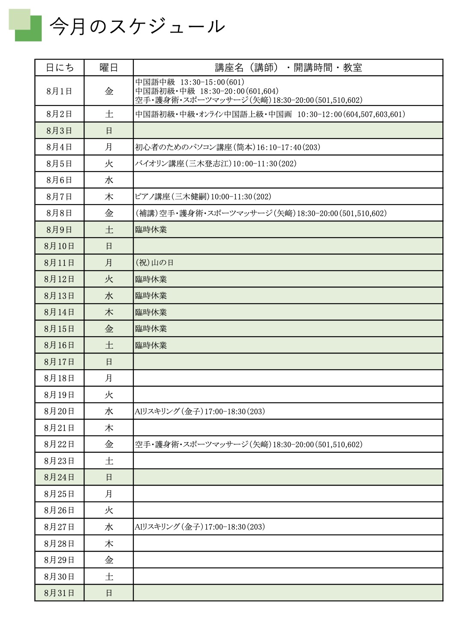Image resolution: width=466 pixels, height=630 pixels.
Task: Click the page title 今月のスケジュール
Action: (x=137, y=27)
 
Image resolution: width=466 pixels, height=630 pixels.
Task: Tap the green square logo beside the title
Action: (x=25, y=25)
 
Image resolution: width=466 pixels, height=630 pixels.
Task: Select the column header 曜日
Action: (x=108, y=68)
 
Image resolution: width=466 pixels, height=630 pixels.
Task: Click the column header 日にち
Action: (x=60, y=68)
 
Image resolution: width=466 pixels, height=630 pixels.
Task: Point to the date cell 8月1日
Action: (x=59, y=91)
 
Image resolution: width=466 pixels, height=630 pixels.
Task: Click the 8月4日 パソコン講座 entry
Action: (x=228, y=147)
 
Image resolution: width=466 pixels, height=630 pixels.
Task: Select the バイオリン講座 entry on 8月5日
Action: (x=216, y=163)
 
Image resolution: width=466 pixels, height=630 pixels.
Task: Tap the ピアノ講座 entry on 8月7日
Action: (x=203, y=196)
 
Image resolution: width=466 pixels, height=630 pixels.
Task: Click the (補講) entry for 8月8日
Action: (x=261, y=213)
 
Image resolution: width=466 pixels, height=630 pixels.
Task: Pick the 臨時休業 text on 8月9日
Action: (x=151, y=229)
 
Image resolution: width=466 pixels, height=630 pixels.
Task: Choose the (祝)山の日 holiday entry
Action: (x=154, y=262)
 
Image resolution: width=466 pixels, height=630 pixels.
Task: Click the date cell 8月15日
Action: (x=59, y=329)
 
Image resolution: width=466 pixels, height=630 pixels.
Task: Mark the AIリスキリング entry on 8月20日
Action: (x=200, y=411)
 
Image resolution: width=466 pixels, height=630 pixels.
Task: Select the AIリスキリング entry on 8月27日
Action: (x=200, y=527)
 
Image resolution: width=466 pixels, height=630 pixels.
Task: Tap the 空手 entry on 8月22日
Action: (x=249, y=444)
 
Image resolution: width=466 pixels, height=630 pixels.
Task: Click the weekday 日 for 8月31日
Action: (x=109, y=593)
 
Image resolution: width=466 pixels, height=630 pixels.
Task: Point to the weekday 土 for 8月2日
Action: (x=109, y=114)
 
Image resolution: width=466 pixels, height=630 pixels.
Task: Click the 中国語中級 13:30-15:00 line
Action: (x=189, y=82)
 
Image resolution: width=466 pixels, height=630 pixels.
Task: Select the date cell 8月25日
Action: (x=59, y=494)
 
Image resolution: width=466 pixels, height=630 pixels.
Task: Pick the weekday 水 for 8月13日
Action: (x=109, y=295)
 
